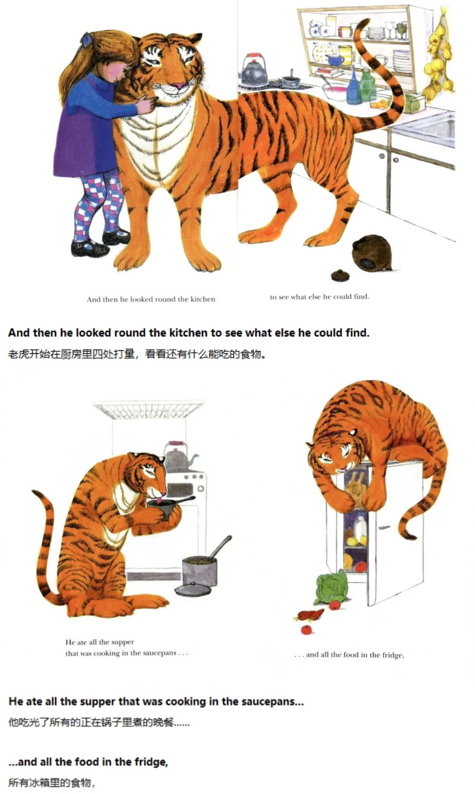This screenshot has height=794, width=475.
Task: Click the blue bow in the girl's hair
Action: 86,37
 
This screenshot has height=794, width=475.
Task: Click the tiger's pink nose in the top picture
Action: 179,86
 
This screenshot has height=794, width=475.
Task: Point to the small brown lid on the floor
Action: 340,275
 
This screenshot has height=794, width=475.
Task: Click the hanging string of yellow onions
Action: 439,57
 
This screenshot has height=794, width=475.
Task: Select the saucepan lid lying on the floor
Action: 193,590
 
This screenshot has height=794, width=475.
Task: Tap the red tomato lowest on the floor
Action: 306,629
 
